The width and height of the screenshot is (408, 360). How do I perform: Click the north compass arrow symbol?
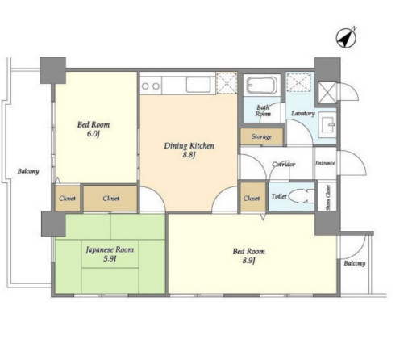click(346, 38)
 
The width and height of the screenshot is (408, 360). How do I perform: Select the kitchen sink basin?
click(198, 85)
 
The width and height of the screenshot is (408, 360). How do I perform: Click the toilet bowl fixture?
click(302, 195)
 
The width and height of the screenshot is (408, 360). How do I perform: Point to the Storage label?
click(261, 136)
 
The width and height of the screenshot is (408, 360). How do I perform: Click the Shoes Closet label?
click(328, 198)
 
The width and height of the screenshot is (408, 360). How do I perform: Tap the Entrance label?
click(325, 163)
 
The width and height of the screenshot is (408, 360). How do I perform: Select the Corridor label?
click(284, 164)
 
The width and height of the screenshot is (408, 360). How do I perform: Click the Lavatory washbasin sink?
click(327, 124)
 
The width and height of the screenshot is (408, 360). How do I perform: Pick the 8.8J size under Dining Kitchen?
click(189, 155)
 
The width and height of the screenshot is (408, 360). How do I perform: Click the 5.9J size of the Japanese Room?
click(110, 259)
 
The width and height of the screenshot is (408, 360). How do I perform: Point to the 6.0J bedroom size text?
click(94, 134)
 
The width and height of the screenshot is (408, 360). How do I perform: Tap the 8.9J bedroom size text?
click(248, 261)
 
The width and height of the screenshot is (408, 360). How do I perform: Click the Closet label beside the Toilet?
click(252, 199)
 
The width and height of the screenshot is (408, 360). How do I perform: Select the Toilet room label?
click(279, 196)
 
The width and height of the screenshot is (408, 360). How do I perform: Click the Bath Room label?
click(263, 111)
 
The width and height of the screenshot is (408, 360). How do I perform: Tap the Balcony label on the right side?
click(355, 263)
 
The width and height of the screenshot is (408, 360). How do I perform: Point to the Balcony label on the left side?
click(28, 171)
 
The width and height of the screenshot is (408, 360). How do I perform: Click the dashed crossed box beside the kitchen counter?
click(227, 83)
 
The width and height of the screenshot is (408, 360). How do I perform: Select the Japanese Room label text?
click(110, 249)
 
